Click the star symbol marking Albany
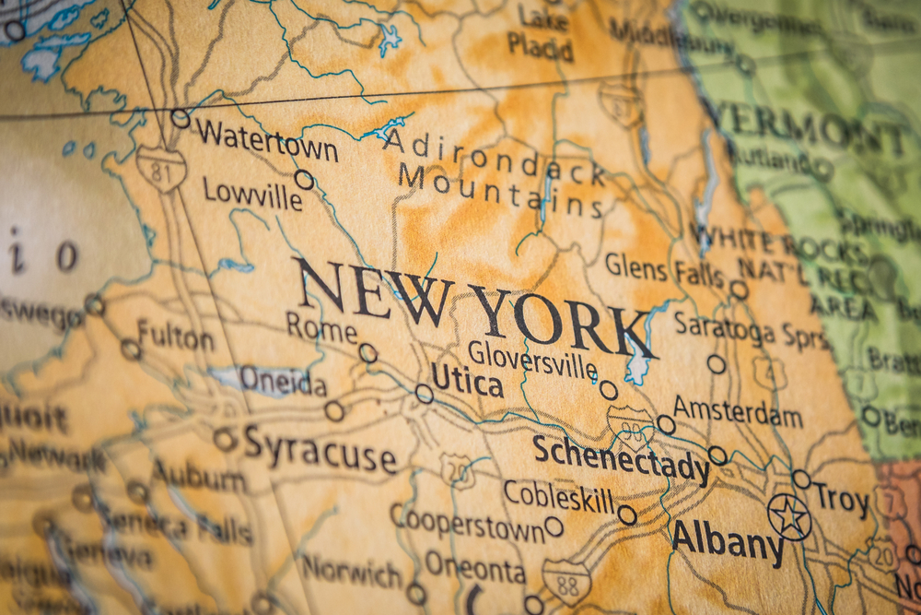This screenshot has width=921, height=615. point(789,516)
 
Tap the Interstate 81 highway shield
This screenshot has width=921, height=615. point(161,169)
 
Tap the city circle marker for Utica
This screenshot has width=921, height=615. point(424,394)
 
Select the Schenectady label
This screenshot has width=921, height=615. point(621,457)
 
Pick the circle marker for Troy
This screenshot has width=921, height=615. point(801,479)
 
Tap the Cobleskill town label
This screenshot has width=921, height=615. point(558,498)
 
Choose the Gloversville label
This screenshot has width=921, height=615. point(532,359)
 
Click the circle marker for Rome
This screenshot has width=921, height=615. point(367,352)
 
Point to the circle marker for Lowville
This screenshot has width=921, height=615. point(304,179)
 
